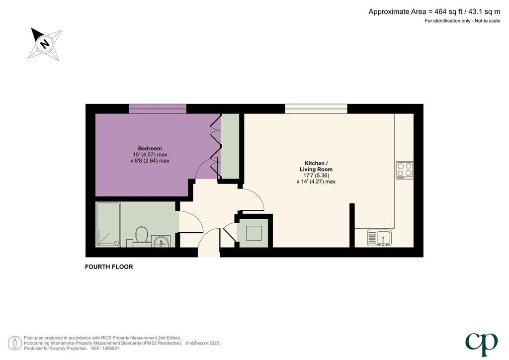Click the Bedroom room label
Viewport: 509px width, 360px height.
150,148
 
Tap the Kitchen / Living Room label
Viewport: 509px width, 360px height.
316,166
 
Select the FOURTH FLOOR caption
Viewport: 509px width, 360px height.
109,267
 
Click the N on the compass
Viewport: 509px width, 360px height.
45,43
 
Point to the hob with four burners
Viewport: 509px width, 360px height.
405,170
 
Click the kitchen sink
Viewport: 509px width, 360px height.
379,238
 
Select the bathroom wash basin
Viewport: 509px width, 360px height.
161,241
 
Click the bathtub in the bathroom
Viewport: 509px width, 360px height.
108,224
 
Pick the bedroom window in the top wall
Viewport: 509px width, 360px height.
158,109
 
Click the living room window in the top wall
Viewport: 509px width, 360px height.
316,109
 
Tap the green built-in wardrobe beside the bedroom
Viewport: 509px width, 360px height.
230,146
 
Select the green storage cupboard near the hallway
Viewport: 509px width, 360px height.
254,233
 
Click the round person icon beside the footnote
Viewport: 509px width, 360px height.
14,343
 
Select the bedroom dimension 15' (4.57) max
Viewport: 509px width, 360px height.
150,155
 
